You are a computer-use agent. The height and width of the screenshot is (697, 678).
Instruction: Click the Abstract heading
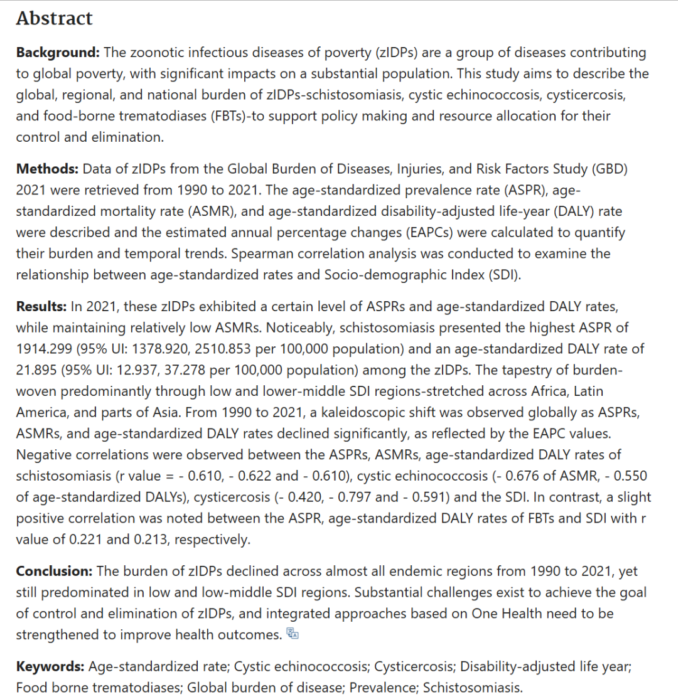tap(54, 18)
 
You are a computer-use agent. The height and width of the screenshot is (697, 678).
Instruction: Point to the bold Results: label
tap(41, 306)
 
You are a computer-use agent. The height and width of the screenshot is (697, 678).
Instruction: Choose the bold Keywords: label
tap(50, 666)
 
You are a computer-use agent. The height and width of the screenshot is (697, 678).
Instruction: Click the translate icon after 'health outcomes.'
tap(293, 634)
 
